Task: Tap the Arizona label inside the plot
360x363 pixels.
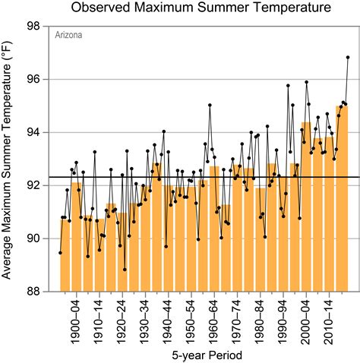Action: pyautogui.click(x=67, y=35)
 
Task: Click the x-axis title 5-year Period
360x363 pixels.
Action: pyautogui.click(x=202, y=353)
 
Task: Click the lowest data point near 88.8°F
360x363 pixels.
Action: pyautogui.click(x=125, y=270)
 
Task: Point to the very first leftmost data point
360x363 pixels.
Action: pyautogui.click(x=60, y=253)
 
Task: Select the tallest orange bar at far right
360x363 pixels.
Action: pyautogui.click(x=342, y=197)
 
